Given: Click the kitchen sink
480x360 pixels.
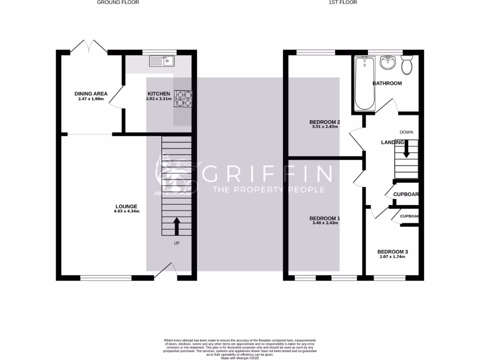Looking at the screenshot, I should point(161,60).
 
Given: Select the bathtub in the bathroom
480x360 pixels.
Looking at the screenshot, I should point(365,83).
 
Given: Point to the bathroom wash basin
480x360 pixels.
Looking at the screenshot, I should point(388,62).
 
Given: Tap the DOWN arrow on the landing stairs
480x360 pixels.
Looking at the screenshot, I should point(406,149).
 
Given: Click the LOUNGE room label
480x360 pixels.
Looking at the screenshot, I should point(127,206).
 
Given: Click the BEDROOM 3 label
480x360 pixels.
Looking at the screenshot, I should point(392,251).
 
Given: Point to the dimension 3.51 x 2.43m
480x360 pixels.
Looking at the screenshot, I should point(325,127).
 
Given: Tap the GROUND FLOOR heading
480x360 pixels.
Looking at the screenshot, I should point(118,2).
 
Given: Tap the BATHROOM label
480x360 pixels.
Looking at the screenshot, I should point(387,83).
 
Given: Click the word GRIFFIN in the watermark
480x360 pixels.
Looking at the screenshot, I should point(268,174).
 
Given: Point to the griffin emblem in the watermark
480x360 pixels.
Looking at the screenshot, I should point(175,174).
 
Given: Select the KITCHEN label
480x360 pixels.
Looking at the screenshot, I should point(159,94).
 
